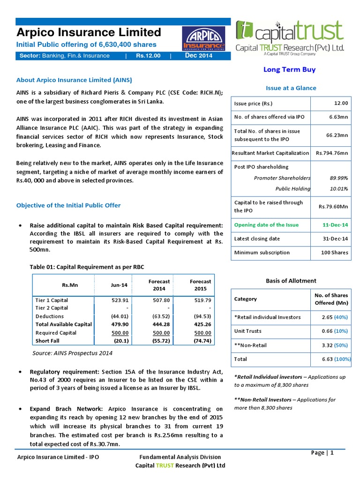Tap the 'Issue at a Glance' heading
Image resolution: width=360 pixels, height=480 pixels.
point(291,88)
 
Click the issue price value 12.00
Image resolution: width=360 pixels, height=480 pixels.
point(342,103)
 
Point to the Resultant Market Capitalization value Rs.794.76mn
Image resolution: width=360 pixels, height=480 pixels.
point(332,153)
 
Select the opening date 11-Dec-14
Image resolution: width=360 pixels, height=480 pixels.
point(336,225)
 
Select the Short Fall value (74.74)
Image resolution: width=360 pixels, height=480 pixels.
point(201,341)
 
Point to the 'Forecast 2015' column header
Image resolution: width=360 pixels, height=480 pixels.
point(200,285)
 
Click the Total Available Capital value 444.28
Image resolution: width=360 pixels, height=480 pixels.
point(159,324)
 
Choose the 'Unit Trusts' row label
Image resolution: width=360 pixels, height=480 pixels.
point(247,331)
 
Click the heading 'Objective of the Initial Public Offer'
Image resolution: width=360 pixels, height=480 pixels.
point(68,205)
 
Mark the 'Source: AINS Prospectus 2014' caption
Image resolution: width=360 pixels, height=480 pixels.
point(72,353)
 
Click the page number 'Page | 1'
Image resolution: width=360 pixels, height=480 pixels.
point(322,452)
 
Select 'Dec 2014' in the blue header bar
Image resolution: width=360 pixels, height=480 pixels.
point(199,56)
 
